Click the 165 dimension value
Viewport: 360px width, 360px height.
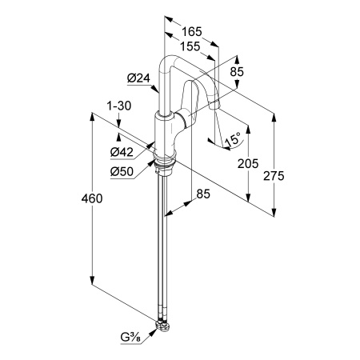192,32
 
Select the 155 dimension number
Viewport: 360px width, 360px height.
190,46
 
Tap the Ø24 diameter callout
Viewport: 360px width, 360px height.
138,78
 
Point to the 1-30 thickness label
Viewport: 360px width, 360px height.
119,106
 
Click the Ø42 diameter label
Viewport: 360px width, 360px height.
122,152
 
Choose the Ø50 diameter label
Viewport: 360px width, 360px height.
122,171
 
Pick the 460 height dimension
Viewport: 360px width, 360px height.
92,198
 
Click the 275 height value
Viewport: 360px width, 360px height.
274,176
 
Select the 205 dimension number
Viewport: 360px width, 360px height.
248,163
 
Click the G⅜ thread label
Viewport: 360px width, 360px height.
130,338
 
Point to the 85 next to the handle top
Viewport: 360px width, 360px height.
237,72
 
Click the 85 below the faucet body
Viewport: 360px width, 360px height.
203,194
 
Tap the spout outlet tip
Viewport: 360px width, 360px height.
214,106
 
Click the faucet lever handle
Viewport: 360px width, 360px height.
190,102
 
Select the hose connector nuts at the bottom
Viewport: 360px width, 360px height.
162,325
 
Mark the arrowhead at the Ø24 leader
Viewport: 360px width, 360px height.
155,89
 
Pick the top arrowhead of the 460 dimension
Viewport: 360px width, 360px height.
92,118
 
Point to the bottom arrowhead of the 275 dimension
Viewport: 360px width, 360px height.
274,212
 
